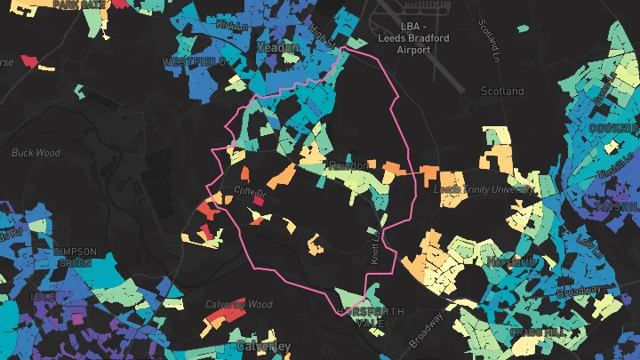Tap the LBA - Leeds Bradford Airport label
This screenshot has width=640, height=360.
pos(413,38)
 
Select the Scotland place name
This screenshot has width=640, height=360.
pos(502,91)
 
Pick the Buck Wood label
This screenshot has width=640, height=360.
pos(36,153)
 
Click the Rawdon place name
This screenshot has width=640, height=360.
pos(348,166)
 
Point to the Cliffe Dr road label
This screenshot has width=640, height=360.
pos(250,192)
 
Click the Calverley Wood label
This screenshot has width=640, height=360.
pos(238,304)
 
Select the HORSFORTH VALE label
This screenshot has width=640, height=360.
pos(371,317)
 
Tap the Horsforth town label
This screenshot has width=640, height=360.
pos(511,261)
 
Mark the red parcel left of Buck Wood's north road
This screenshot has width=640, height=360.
pos(28,61)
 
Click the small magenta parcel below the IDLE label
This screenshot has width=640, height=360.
pos(78,316)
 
